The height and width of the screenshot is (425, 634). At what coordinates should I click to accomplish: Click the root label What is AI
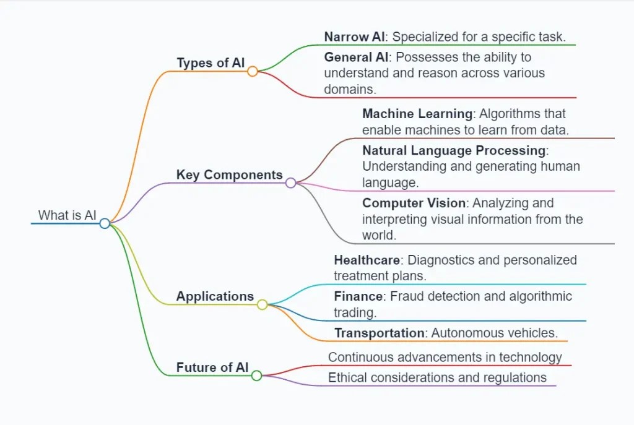(x=67, y=215)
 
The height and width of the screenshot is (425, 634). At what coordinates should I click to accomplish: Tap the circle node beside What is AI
(x=105, y=223)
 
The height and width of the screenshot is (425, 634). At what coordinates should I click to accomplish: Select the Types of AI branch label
(x=211, y=62)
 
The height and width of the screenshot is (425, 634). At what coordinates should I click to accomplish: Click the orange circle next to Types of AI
(x=252, y=71)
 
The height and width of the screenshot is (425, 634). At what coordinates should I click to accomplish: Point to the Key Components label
(x=229, y=174)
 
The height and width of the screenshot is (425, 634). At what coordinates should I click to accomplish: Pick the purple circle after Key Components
(x=291, y=182)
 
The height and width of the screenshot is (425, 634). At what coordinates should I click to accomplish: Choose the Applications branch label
(x=215, y=296)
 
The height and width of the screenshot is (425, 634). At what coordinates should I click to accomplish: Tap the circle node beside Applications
(x=263, y=304)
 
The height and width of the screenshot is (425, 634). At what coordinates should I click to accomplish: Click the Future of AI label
(x=212, y=367)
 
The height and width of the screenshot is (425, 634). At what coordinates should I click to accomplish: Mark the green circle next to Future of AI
(x=256, y=376)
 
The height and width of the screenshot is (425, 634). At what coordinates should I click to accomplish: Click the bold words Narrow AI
(x=355, y=36)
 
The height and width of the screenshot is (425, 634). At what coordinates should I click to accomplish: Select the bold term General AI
(x=356, y=57)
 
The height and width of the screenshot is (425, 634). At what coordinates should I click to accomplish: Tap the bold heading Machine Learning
(x=417, y=114)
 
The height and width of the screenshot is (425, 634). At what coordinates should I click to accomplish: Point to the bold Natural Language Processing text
(x=454, y=150)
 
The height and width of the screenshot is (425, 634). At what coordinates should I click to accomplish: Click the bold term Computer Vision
(x=414, y=203)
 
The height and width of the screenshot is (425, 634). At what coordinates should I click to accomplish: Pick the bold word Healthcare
(x=367, y=260)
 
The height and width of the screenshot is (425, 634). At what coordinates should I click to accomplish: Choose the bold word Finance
(x=356, y=296)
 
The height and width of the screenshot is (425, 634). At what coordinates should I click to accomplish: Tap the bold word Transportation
(x=379, y=333)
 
